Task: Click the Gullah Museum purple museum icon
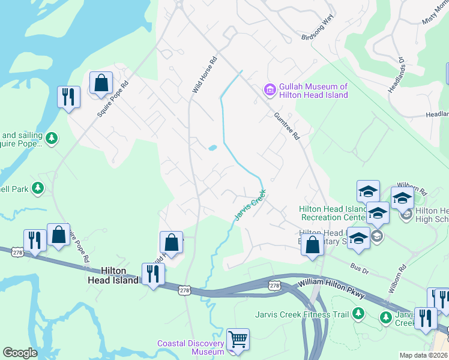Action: [270, 91]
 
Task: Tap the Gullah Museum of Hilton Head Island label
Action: [313, 91]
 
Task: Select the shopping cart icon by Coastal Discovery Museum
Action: [238, 339]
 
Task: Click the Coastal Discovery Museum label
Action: [191, 347]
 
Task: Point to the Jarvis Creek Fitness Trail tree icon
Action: [358, 313]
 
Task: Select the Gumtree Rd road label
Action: [286, 127]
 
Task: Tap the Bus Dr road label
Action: [358, 265]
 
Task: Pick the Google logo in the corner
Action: [20, 353]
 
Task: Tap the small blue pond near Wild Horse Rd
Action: [212, 148]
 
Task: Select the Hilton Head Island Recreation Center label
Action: [333, 213]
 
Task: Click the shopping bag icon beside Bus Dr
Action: [312, 245]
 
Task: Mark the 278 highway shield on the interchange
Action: [274, 283]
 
